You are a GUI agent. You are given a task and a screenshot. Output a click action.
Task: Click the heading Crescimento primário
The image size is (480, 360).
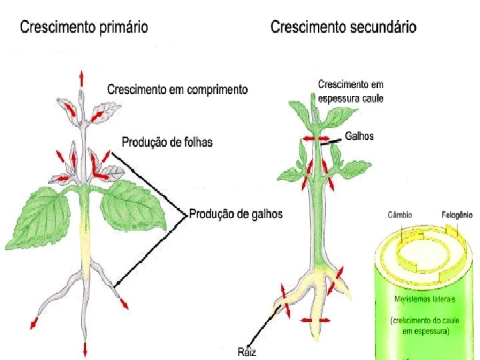tap(84, 27)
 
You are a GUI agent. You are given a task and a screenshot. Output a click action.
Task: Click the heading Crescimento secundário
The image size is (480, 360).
tap(343, 27)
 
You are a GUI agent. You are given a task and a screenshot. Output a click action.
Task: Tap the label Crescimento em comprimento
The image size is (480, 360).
tap(177, 89)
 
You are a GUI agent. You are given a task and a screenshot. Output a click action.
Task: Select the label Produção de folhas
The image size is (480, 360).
tap(167, 142)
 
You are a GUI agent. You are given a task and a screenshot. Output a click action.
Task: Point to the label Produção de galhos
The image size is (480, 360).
tap(235, 214)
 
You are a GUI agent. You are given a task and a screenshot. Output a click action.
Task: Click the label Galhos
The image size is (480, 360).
tap(359, 136)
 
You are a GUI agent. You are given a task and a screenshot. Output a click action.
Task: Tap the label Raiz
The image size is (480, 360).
tap(247, 351)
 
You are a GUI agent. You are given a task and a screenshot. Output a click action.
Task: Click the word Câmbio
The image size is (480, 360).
tap(400, 215)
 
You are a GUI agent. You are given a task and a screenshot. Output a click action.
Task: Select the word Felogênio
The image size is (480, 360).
tap(457, 215)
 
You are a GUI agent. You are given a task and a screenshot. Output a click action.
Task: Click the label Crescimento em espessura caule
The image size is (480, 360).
tap(351, 91)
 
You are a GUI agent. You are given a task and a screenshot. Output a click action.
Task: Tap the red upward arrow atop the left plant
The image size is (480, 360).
tap(82, 76)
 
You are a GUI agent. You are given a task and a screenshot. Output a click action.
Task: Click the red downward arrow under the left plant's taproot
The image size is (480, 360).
tap(85, 348)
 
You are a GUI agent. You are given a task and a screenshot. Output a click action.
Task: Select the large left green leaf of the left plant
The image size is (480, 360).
tap(39, 217)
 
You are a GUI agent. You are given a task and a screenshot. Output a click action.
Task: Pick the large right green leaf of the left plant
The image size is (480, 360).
tap(136, 207)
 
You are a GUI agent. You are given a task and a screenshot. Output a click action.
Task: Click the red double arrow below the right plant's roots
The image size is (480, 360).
tap(315, 320)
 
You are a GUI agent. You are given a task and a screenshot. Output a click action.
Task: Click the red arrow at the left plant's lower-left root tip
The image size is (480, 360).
tap(33, 324)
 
